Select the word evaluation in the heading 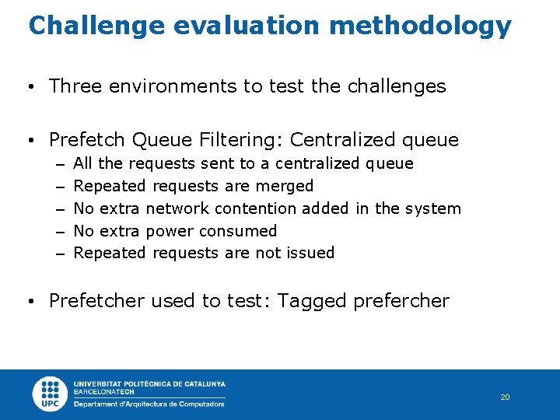[x=246, y=25]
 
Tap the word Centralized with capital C [x=342, y=140]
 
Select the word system [x=432, y=208]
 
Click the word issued [x=310, y=253]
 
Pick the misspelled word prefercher [x=401, y=302]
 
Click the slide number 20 [x=505, y=397]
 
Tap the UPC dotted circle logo [x=51, y=393]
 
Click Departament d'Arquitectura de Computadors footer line [x=149, y=404]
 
